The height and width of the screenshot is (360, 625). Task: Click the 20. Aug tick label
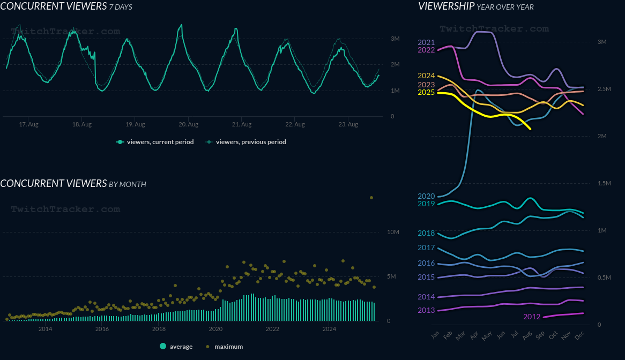point(188,125)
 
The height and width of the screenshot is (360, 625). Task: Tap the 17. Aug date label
point(28,125)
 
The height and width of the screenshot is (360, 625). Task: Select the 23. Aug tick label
point(348,125)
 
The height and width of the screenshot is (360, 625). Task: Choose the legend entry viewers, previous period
point(250,142)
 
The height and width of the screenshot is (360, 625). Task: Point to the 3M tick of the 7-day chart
point(395,39)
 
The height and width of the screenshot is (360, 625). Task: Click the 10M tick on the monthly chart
point(393,232)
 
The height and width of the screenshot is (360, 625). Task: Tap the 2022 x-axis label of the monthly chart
point(272,329)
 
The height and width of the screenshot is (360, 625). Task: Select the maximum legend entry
point(228,347)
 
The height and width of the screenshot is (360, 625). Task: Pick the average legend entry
point(181,347)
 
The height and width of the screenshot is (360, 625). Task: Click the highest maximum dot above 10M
point(371,198)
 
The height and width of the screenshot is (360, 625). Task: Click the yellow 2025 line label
point(426,93)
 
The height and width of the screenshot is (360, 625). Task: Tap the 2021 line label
point(426,42)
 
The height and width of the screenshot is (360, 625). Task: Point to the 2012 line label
point(532,317)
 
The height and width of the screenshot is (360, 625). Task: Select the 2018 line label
point(426,233)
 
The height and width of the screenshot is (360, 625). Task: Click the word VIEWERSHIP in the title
point(446,6)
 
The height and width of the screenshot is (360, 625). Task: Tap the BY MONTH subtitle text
point(128,184)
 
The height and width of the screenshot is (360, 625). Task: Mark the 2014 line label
point(426,297)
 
